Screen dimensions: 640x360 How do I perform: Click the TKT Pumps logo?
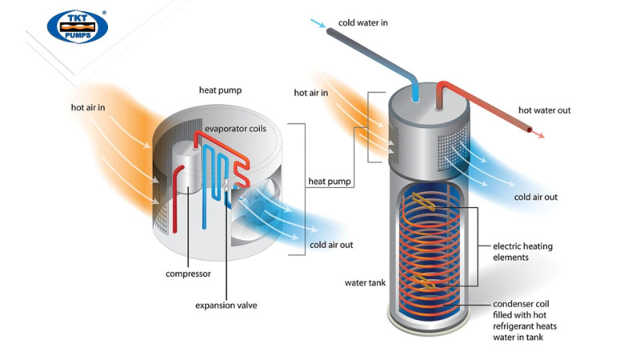click(77, 27)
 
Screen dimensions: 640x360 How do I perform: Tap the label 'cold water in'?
click(363, 23)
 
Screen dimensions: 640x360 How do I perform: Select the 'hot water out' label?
click(545, 110)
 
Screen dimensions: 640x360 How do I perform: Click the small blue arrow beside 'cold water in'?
click(318, 23)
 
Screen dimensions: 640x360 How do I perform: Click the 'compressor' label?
click(188, 274)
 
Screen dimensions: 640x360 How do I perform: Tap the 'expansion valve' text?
click(226, 306)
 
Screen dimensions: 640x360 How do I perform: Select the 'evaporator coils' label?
click(235, 129)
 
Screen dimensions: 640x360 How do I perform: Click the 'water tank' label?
click(365, 283)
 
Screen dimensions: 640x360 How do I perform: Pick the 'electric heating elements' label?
click(522, 252)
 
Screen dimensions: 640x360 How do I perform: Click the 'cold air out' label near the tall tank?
click(535, 197)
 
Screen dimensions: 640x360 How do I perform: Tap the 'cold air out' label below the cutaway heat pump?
click(331, 245)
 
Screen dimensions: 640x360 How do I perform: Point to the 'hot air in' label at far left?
click(88, 107)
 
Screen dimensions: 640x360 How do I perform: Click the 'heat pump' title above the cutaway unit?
click(221, 90)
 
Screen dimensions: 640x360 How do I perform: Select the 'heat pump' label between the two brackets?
click(330, 182)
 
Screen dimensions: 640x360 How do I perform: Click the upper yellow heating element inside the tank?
click(424, 202)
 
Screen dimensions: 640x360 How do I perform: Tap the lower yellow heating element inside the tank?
click(423, 282)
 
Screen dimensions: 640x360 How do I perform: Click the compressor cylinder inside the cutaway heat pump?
click(186, 171)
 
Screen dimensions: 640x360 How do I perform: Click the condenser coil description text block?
click(525, 321)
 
